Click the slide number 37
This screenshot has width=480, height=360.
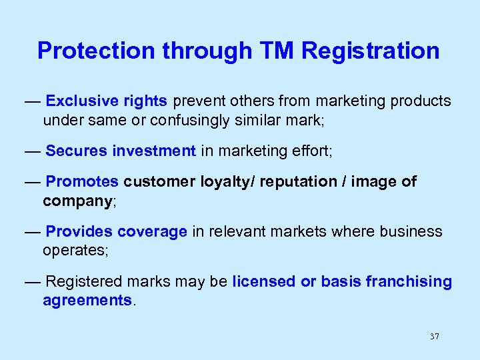click(x=435, y=337)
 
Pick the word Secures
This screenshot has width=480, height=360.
click(x=77, y=151)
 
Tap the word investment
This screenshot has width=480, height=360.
click(x=155, y=151)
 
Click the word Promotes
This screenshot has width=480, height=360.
click(x=82, y=181)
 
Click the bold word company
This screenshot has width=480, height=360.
click(x=78, y=201)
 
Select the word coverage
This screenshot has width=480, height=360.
click(x=152, y=231)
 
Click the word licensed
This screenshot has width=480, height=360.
click(x=264, y=281)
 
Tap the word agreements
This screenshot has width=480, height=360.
click(x=87, y=301)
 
